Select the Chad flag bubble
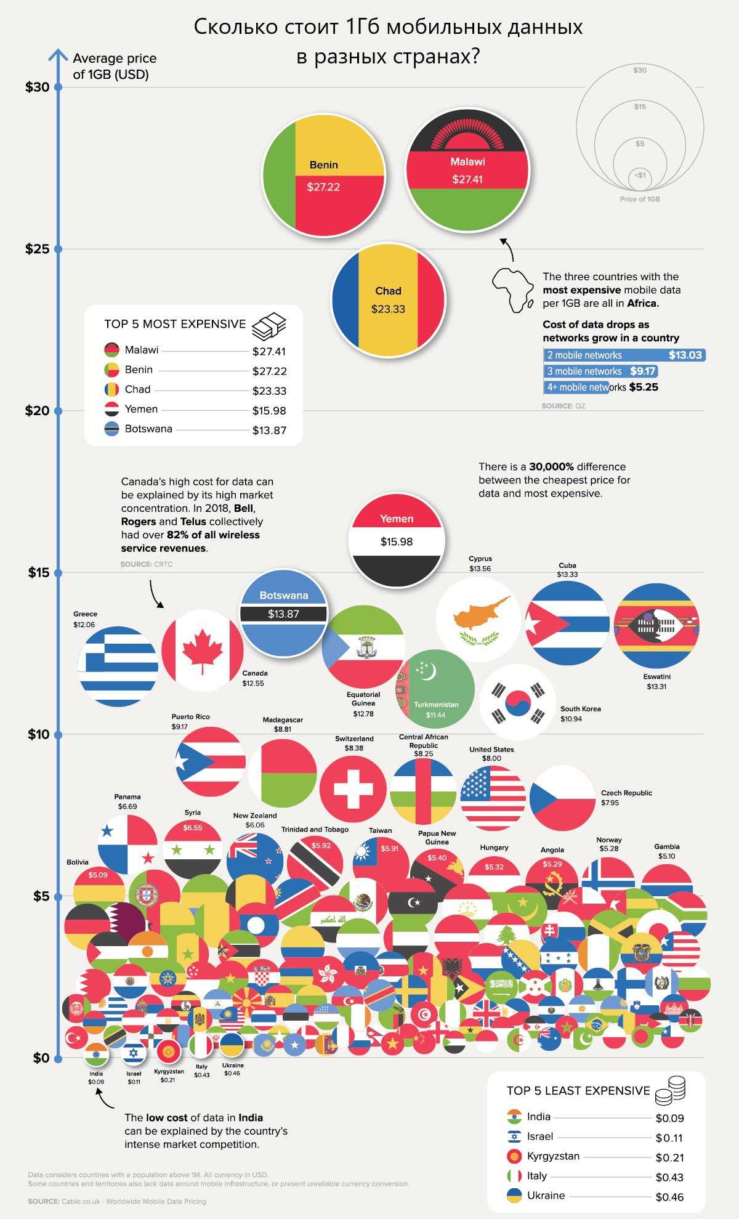coord(388,300)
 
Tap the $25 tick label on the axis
coord(37,249)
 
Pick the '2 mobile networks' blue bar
coord(623,355)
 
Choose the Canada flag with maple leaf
coord(203,650)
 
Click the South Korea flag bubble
coord(518,702)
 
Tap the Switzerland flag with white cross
coord(353,789)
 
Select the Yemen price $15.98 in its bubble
coord(397,542)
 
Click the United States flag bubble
coord(493,798)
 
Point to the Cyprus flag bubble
coord(478,619)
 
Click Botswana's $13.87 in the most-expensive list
coord(269,431)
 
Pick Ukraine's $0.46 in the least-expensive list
coord(669,1197)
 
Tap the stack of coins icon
coord(671,1090)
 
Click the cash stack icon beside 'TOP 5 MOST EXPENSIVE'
coord(269,326)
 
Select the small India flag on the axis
coord(96,1055)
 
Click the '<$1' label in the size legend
coord(640,176)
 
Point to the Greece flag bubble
coord(118,666)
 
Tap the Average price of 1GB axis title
coord(115,67)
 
